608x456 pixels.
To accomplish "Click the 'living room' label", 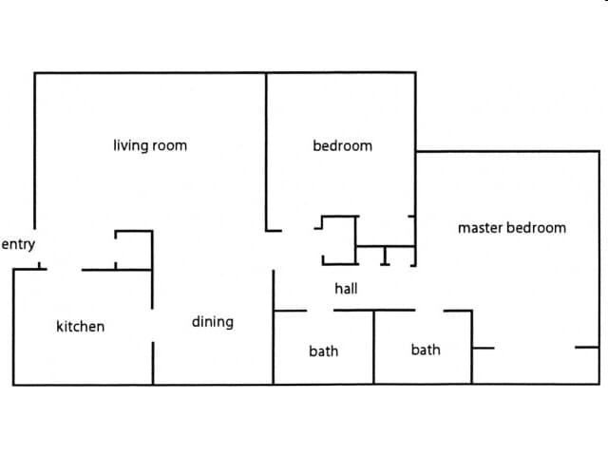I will (x=150, y=145).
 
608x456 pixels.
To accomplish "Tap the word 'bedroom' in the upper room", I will (x=342, y=145).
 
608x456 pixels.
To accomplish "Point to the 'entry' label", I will (x=18, y=244).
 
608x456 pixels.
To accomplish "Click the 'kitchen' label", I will (x=81, y=326).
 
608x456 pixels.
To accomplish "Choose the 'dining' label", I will (x=212, y=321).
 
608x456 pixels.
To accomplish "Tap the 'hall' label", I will (x=346, y=288).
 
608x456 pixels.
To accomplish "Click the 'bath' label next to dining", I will (x=323, y=351).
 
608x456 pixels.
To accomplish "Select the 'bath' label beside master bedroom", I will (x=426, y=350).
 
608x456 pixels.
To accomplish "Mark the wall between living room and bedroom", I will (x=266, y=152).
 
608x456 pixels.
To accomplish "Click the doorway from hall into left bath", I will (x=320, y=310).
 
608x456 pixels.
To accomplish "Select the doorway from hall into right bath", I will (x=429, y=310).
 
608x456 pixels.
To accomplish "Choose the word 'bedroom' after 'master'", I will (x=536, y=227).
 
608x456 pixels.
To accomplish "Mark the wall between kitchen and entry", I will (x=28, y=270).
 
